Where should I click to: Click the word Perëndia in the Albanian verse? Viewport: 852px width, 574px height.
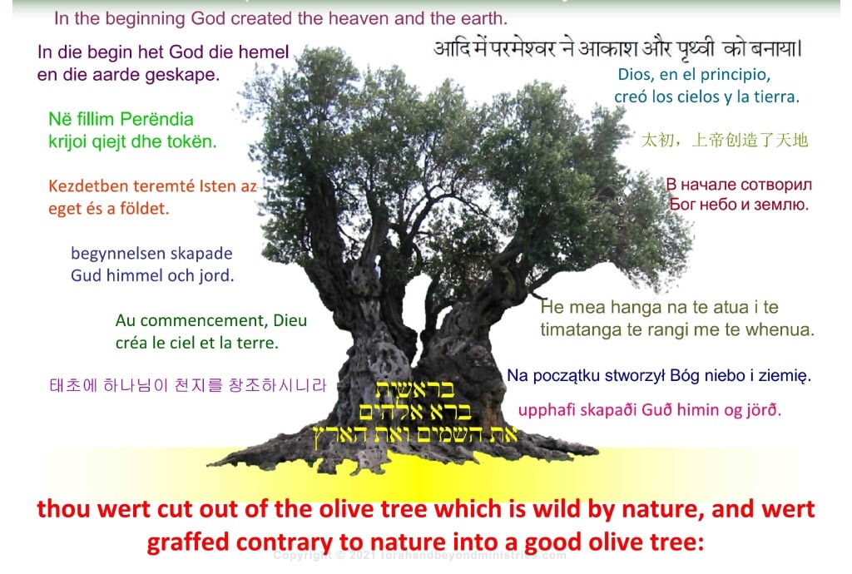157,119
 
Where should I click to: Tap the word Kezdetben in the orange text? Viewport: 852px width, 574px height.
86,186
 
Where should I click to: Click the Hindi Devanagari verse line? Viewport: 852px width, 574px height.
617,47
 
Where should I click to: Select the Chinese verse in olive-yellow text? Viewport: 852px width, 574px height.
724,140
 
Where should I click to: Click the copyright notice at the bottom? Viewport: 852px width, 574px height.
420,555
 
